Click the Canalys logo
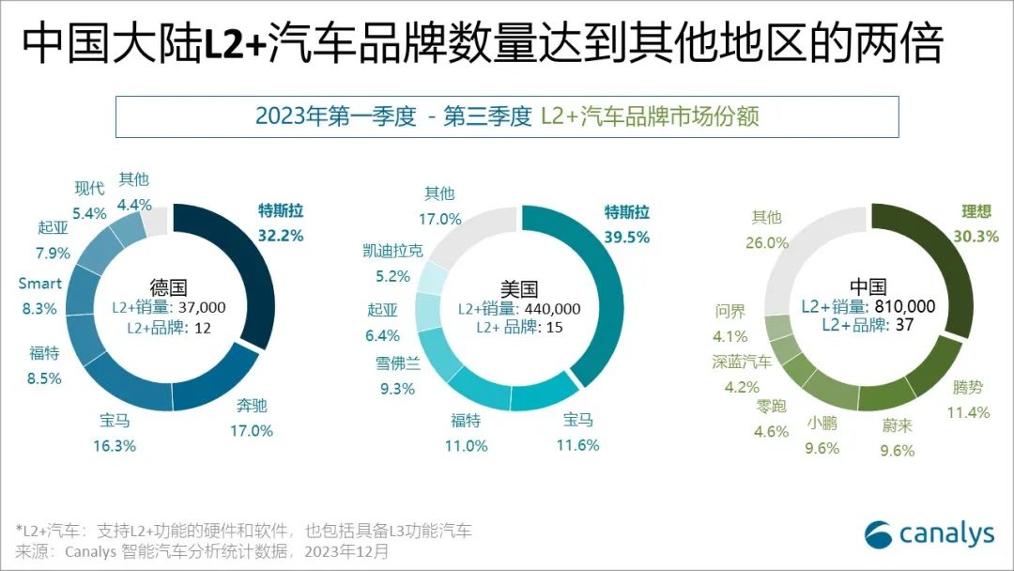pyautogui.click(x=929, y=533)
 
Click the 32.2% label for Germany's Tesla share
pyautogui.click(x=281, y=236)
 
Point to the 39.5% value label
pyautogui.click(x=626, y=238)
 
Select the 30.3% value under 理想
pyautogui.click(x=976, y=236)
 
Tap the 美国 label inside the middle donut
pyautogui.click(x=519, y=289)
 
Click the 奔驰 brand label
pyautogui.click(x=250, y=407)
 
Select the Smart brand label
pyautogui.click(x=40, y=284)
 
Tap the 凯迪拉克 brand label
pyautogui.click(x=392, y=251)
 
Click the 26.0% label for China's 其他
pyautogui.click(x=766, y=242)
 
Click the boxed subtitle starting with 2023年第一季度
pyautogui.click(x=506, y=116)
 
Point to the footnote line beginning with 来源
pyautogui.click(x=201, y=551)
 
